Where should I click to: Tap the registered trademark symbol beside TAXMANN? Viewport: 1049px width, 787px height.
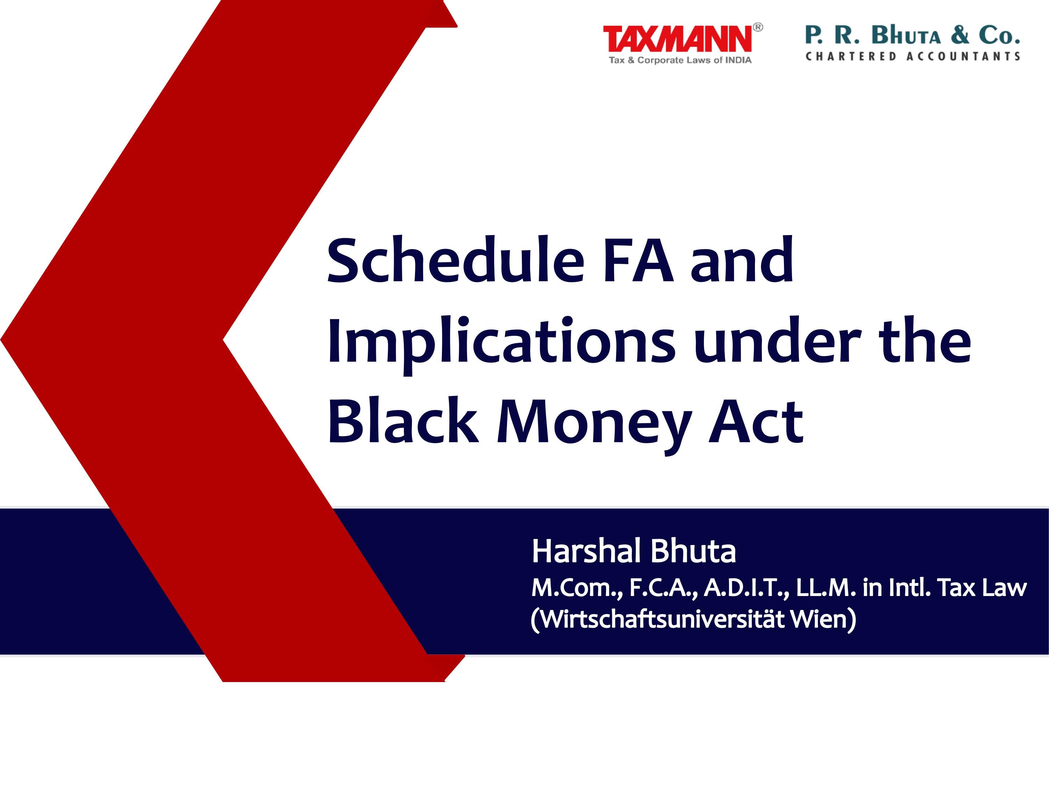(758, 28)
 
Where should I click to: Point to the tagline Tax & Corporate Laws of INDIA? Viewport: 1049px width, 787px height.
(680, 60)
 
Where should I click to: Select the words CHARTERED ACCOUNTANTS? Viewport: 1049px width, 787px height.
(913, 56)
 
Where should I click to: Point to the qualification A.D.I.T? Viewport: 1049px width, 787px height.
(747, 588)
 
